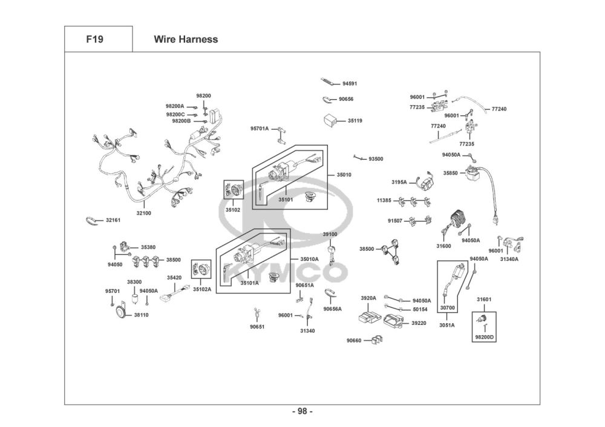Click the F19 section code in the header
(94, 39)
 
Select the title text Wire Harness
(186, 39)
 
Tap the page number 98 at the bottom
(302, 411)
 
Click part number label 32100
(144, 213)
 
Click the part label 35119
(355, 121)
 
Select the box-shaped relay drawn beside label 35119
(330, 120)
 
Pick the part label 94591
(350, 83)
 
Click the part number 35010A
(309, 259)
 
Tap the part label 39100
(330, 234)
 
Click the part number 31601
(484, 299)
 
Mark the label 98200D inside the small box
(484, 337)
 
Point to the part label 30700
(448, 307)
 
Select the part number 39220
(419, 323)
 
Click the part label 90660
(354, 341)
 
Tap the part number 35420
(174, 278)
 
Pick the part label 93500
(376, 159)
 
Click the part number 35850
(450, 173)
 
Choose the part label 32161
(113, 220)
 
